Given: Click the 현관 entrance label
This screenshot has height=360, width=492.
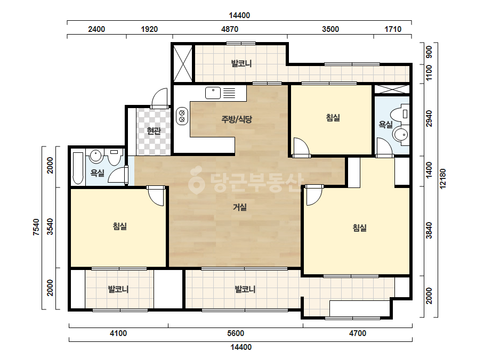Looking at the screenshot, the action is coord(154,131).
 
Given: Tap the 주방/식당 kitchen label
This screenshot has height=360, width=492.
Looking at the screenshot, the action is coord(237,119).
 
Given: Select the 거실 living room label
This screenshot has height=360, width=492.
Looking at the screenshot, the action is coord(240,207).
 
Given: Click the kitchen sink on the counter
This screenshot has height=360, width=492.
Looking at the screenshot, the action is coord(213,93).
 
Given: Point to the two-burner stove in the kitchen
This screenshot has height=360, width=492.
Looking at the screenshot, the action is coord(182,116).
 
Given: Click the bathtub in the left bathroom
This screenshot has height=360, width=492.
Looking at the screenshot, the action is coord(78,168).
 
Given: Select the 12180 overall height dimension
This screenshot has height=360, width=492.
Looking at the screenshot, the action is coord(443,179).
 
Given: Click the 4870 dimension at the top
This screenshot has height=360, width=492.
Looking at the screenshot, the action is coord(230,29).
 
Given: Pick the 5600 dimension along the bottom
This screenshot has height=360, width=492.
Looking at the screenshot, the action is coord(236,333).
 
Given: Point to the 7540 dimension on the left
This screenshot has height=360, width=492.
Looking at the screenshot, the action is coord(36,227).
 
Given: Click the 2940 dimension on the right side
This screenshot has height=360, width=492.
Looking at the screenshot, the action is coord(429,119).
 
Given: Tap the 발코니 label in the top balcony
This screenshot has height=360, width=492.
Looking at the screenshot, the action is coord(241,64).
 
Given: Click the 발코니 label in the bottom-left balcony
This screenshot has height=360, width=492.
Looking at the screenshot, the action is coord(118,289).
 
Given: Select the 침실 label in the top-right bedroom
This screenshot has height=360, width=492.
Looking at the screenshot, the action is coord(333,118).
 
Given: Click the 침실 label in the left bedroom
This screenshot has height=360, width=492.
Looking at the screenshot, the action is coord(120,226).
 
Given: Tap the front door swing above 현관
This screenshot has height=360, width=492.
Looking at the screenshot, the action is coord(160,98).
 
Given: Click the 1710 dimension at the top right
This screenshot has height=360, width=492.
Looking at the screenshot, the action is coord(393,29).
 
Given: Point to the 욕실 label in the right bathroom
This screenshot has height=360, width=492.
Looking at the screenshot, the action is coord(385,125).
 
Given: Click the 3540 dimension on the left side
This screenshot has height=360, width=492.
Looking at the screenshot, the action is coord(50,227).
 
